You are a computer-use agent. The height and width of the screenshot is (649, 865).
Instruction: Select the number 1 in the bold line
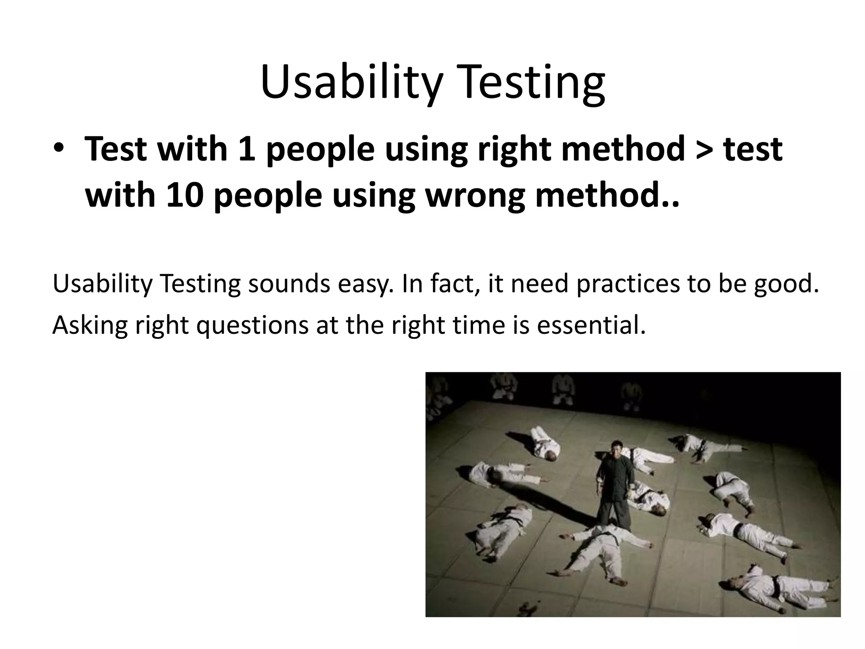coord(247,149)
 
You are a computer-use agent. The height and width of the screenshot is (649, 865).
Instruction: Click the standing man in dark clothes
coord(613,486)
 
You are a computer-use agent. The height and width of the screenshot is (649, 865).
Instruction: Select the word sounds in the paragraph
coord(289,284)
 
